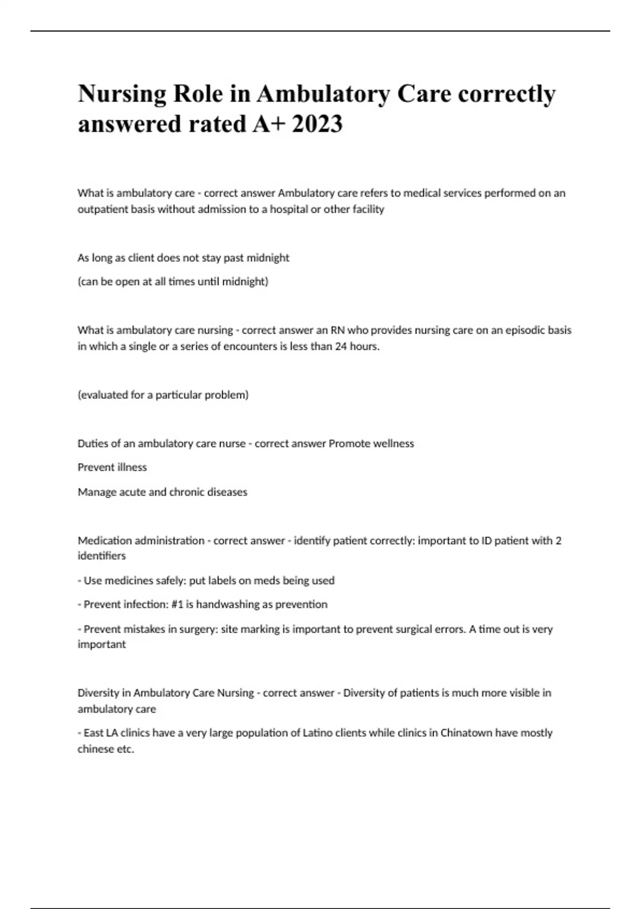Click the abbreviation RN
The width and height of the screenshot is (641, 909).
coord(338,330)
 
